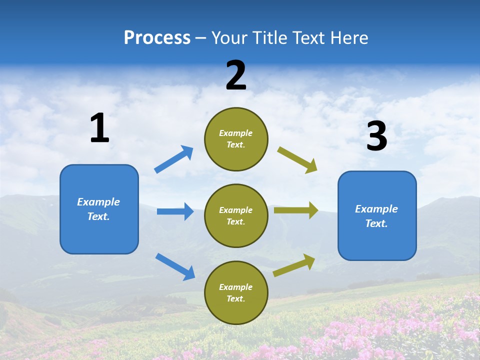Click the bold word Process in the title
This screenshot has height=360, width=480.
coord(157,37)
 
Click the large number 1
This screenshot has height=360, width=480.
coord(99,128)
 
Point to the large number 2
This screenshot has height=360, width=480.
coord(236,75)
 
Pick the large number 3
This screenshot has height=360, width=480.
coord(376,136)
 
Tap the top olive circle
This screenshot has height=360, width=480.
coord(236,139)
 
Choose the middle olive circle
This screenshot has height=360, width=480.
coord(236,215)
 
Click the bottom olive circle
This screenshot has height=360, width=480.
coord(236,292)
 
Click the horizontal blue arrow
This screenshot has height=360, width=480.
coord(175,211)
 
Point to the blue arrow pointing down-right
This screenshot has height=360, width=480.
coord(175,266)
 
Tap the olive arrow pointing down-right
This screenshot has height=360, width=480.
coord(297,160)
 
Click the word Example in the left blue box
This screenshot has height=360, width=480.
coord(98,202)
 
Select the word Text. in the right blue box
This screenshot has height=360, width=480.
coord(376,223)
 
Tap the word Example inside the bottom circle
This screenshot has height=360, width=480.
coord(235,287)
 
